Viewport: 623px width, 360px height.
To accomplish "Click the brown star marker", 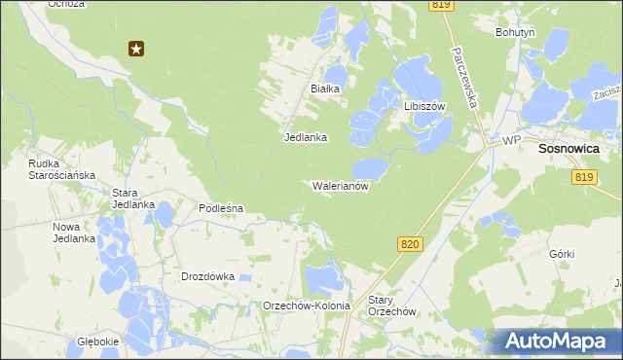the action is click(136, 48).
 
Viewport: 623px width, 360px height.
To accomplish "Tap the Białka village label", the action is click(324, 89).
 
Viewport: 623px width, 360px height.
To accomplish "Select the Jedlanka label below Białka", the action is click(305, 137).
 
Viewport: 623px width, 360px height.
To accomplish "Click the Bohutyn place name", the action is click(515, 32).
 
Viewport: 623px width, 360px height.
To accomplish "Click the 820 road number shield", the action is click(410, 245).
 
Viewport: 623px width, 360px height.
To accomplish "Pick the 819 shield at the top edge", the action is click(441, 6).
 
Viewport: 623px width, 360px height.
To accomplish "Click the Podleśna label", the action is click(220, 208).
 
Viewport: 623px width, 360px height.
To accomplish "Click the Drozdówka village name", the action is click(208, 276).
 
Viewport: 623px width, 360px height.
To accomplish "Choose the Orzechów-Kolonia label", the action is click(307, 306).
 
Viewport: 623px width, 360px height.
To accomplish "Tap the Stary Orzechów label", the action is click(392, 306).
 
